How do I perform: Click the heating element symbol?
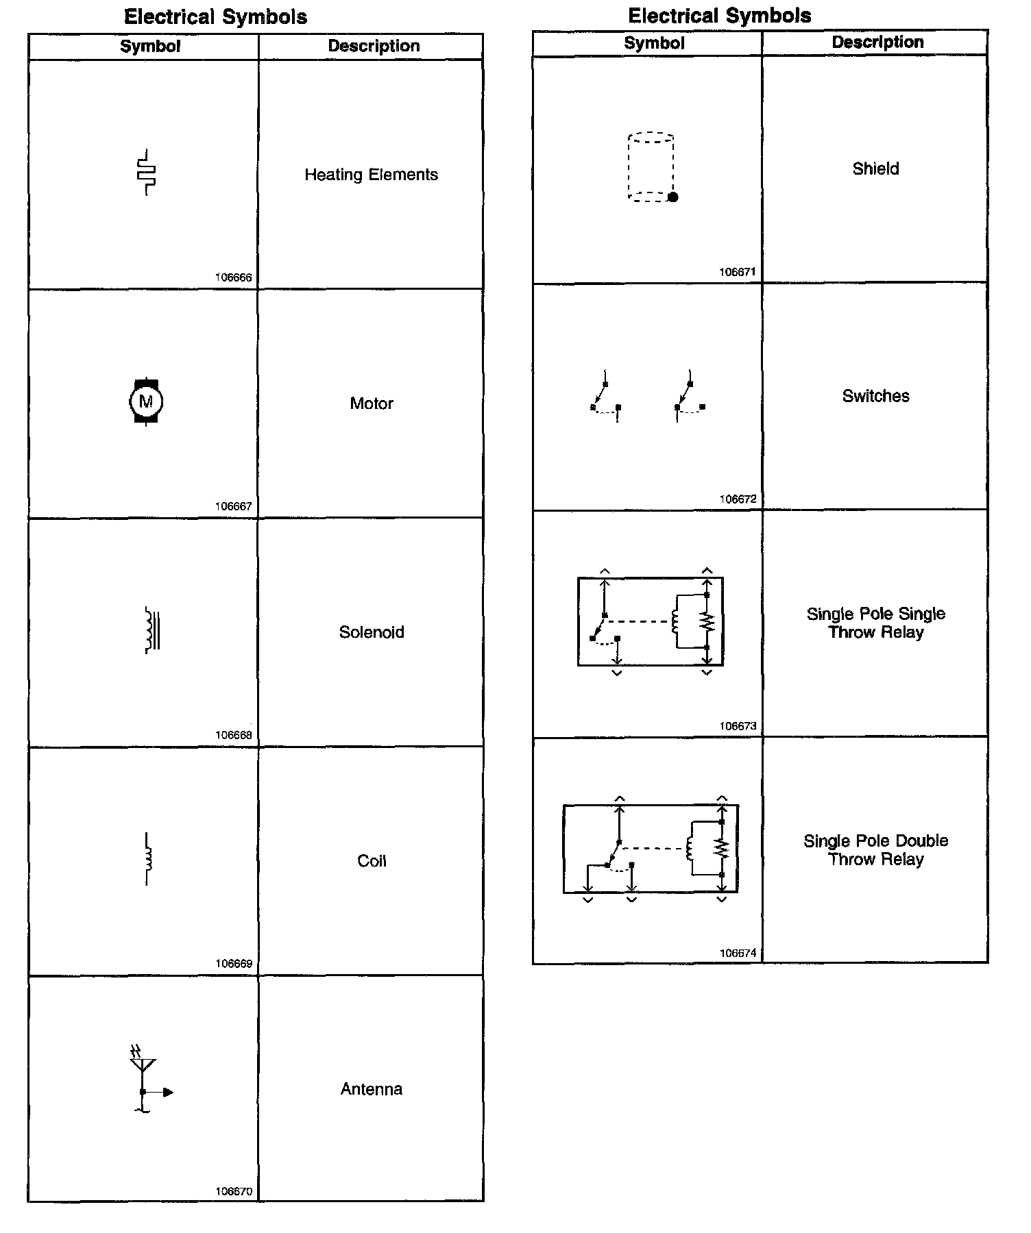click(147, 172)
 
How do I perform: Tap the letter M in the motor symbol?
click(146, 401)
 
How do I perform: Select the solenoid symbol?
click(152, 630)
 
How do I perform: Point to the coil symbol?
click(147, 858)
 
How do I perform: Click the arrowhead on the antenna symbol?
click(169, 1092)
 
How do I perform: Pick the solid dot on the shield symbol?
click(673, 197)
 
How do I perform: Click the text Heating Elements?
click(371, 175)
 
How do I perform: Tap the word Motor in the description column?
click(372, 403)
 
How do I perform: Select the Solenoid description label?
click(372, 632)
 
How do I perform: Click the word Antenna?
click(372, 1089)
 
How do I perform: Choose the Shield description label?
click(875, 169)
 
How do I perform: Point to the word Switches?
click(875, 396)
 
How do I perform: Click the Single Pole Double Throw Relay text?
click(875, 850)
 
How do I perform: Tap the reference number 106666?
click(233, 277)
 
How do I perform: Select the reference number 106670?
click(233, 1191)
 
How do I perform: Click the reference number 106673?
click(738, 726)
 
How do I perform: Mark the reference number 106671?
click(738, 272)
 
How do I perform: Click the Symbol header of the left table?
click(150, 47)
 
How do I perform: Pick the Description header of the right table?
click(877, 42)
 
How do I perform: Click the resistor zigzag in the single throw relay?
click(707, 622)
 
